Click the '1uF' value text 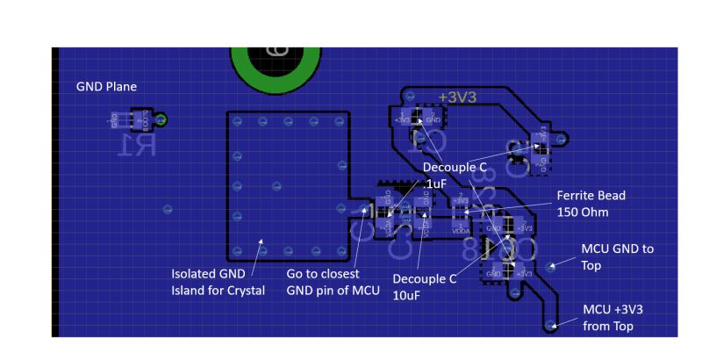[x=436, y=183]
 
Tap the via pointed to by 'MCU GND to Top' [x=550, y=265]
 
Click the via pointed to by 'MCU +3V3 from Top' [x=551, y=326]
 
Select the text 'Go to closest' [x=324, y=274]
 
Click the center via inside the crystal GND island [x=276, y=185]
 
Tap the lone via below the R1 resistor [x=168, y=209]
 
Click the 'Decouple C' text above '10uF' [x=425, y=279]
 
